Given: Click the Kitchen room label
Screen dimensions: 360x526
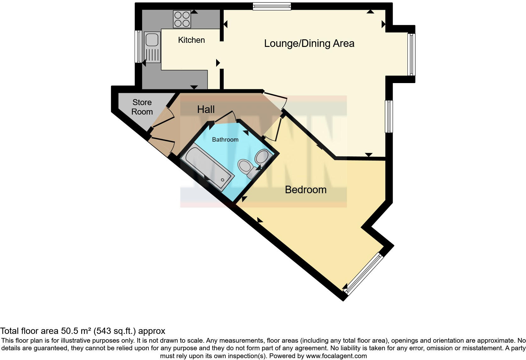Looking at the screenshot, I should tap(191, 40).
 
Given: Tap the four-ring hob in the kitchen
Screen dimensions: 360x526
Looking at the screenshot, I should tap(182, 19).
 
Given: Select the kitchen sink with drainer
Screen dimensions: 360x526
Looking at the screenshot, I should tap(153, 47).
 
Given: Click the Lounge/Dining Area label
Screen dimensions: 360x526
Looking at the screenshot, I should tap(309, 43).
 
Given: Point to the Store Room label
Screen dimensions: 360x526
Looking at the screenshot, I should tap(142, 107).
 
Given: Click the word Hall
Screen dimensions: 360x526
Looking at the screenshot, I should tap(206, 109).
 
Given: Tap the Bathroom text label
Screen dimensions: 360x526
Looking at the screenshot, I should tap(225, 139).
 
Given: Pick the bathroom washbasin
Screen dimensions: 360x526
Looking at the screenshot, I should tap(262, 156).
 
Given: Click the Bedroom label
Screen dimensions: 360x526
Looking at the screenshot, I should tap(305, 189).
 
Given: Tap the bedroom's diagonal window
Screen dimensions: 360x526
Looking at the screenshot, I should tap(364, 274).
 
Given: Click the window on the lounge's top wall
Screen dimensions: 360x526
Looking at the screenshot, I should tap(272, 6).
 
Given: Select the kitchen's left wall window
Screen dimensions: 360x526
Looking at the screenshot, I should tap(138, 46).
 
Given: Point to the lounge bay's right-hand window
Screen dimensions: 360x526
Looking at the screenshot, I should tap(411, 54).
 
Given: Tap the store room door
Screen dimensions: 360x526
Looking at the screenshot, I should tap(163, 117).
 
